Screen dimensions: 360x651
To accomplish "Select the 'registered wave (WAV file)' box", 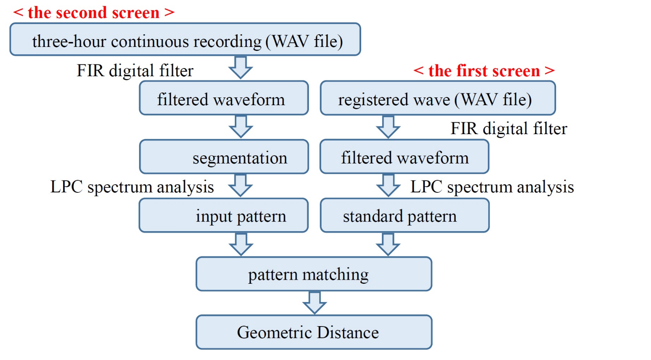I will (438, 98).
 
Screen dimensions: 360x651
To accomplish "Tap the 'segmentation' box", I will (224, 157).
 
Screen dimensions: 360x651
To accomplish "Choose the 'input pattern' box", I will (224, 216).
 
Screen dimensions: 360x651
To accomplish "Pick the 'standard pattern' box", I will (404, 216).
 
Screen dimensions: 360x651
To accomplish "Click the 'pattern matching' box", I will (314, 274).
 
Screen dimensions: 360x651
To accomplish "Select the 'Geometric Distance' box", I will (314, 332).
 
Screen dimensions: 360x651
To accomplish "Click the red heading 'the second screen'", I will (94, 12).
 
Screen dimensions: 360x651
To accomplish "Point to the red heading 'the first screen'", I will (484, 71).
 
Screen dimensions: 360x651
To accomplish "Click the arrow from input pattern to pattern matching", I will (241, 244).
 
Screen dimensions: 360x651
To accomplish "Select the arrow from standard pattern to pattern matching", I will (388, 244).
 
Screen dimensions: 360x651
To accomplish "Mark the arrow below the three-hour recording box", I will (241, 67).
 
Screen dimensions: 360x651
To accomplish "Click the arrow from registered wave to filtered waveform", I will (388, 127).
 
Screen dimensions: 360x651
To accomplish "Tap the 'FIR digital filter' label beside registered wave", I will (508, 128).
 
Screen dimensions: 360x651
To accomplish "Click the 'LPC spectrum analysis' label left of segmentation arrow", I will (132, 187).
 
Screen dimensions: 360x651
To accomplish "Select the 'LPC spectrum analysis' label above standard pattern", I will (492, 187).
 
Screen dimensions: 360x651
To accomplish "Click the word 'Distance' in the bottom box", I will (348, 332).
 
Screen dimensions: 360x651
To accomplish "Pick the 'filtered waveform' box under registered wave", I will (404, 157).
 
